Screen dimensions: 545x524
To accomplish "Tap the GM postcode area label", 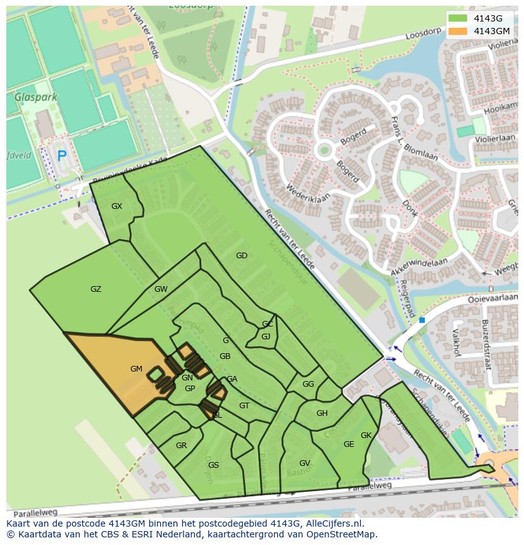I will (136, 369).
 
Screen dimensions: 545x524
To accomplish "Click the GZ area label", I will (96, 289).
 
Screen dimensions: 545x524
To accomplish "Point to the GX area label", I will (116, 206).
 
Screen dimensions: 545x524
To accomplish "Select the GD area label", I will (241, 256).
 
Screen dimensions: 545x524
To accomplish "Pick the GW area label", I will (161, 289).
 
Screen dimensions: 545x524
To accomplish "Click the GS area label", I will (213, 465).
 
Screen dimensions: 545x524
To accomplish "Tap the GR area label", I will (181, 446).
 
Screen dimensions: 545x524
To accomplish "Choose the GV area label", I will (304, 463).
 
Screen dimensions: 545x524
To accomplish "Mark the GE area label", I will (349, 444).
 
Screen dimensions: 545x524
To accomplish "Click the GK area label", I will (366, 435).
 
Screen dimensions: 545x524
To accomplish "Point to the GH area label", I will (322, 413).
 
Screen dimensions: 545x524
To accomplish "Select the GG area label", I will (308, 384).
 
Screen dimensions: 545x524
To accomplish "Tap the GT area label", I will (244, 406).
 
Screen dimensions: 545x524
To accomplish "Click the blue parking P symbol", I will (61, 155).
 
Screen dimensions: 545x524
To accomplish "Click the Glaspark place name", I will (36, 97).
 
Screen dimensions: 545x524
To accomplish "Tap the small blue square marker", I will (421, 320).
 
